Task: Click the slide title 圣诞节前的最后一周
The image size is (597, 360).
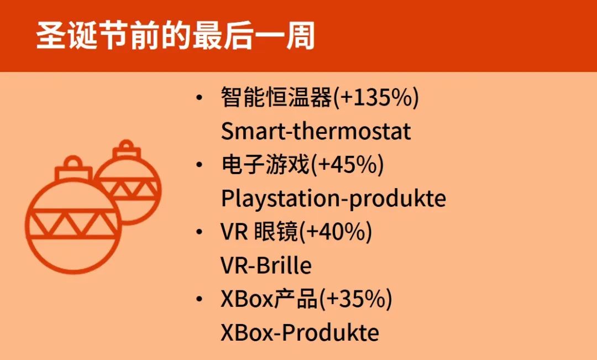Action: tap(176, 36)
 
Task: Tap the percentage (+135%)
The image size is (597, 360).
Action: tap(376, 97)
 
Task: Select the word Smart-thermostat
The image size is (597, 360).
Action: tap(316, 131)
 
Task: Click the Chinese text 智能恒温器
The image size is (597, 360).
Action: tap(277, 97)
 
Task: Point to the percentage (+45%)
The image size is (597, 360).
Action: tap(347, 165)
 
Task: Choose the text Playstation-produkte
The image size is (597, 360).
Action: tap(333, 199)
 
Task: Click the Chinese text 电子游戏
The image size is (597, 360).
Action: tap(266, 165)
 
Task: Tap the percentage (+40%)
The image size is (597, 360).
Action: tap(336, 232)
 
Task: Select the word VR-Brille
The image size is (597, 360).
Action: tap(266, 265)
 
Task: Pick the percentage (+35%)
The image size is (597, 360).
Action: tap(355, 299)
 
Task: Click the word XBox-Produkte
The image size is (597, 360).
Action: tap(300, 332)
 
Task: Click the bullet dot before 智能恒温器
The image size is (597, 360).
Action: tap(199, 97)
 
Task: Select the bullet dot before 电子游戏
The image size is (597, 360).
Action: tap(199, 165)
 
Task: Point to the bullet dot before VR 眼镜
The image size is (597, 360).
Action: tap(199, 232)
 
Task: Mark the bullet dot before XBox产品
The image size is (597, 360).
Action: tap(199, 299)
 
